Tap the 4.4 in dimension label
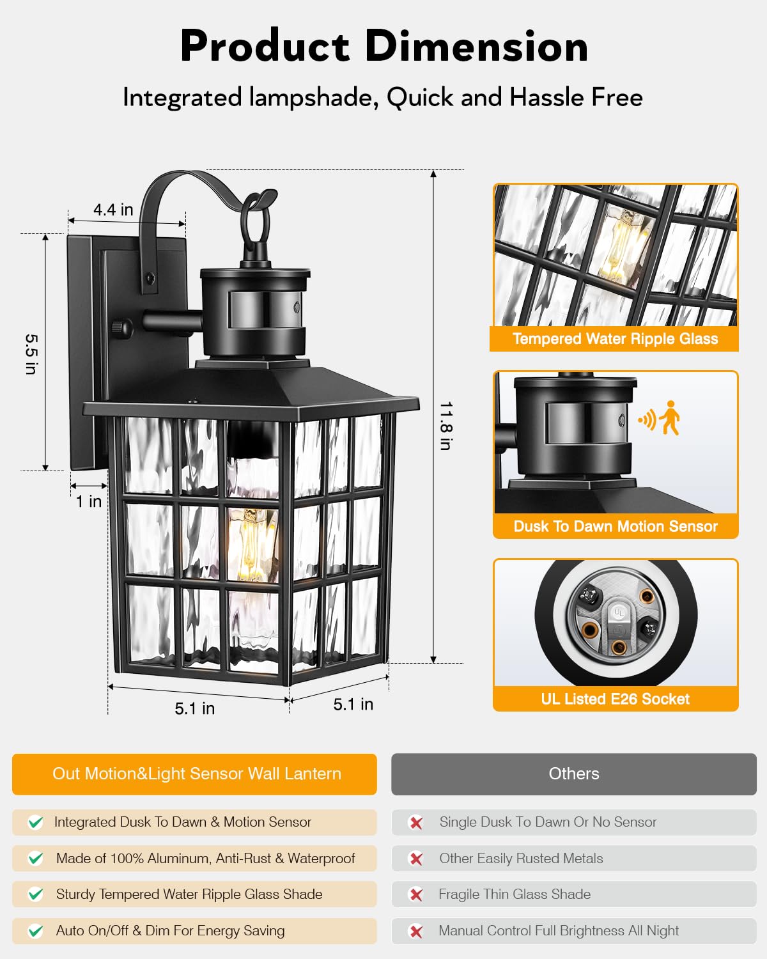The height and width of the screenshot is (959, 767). point(113,210)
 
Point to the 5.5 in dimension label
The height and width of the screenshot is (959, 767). point(31,354)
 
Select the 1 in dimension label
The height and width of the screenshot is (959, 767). point(89,501)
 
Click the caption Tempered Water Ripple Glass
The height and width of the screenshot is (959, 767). point(615,339)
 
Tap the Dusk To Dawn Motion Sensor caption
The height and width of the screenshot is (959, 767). point(616,526)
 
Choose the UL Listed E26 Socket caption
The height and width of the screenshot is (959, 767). point(615,699)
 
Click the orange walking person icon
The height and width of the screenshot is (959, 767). point(669,417)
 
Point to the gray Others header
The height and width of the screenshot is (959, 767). point(574,774)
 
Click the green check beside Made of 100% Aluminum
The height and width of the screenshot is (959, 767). point(35,858)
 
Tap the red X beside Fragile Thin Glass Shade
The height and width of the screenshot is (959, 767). point(416,894)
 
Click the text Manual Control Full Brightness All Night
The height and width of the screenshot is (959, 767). point(559,930)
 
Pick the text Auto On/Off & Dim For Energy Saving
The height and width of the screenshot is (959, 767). point(170,930)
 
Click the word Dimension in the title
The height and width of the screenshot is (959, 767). point(476,46)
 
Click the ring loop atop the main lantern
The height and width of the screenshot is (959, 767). point(256,221)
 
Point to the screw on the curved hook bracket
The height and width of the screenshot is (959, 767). point(151,278)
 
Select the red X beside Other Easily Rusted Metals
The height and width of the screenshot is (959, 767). point(416,858)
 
